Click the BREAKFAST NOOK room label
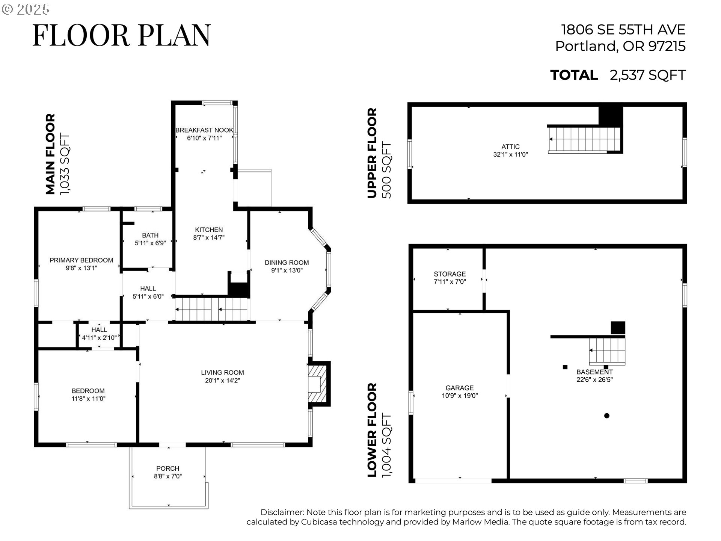point(204,130)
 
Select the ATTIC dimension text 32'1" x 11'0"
point(510,154)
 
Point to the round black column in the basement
point(606,416)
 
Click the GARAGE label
point(459,388)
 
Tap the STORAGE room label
point(449,274)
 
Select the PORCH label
point(167,468)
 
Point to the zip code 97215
point(667,46)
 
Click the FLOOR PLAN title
point(122,35)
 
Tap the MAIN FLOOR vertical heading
point(50,154)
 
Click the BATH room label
point(150,235)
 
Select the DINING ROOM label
point(287,263)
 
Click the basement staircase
point(606,351)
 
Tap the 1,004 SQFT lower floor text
point(386,446)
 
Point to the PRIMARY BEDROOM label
point(81,260)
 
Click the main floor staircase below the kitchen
point(212,309)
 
